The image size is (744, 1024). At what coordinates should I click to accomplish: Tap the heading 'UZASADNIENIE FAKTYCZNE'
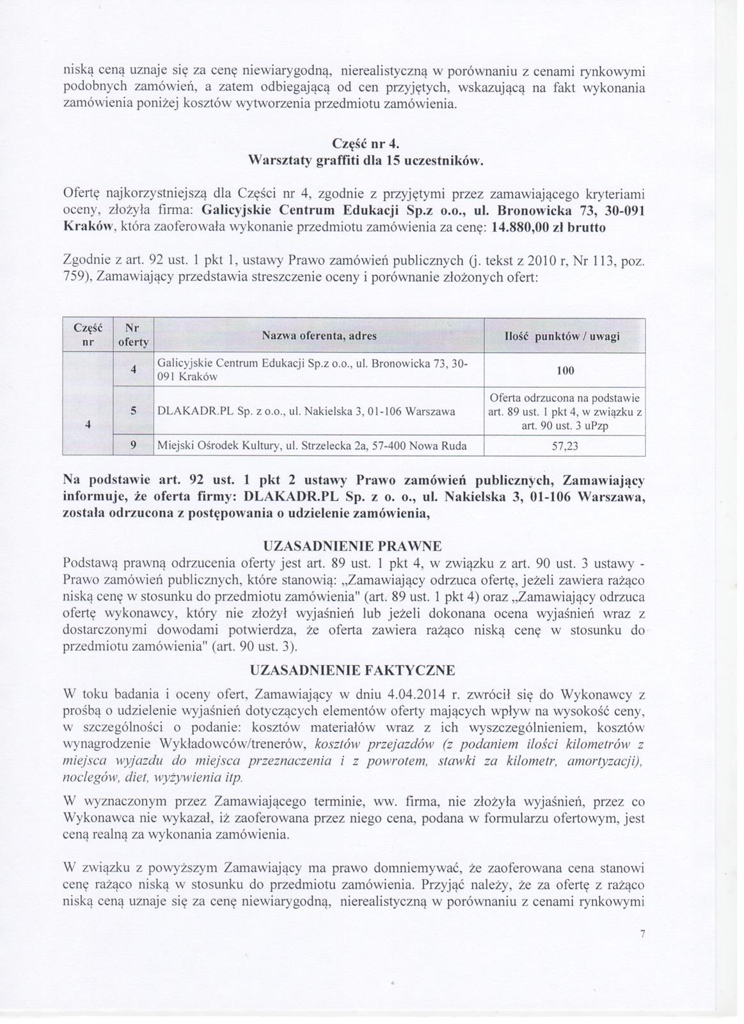coord(352,671)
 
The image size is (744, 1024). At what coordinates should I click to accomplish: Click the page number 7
coord(642,934)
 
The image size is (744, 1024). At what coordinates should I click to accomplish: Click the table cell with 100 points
coord(565,371)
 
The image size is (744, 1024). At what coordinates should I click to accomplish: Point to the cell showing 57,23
coord(565,447)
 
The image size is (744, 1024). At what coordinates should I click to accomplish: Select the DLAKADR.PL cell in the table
coord(306,412)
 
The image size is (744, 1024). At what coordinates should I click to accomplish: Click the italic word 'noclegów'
coord(90,778)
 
